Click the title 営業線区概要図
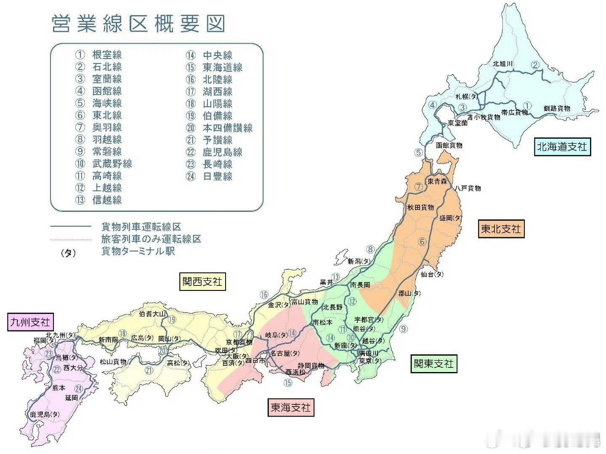click(138, 24)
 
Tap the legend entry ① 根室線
click(99, 55)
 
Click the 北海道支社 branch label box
click(562, 147)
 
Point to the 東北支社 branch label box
click(501, 229)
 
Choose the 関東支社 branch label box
click(433, 363)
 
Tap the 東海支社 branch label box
click(290, 407)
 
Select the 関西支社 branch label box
click(202, 281)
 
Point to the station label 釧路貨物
click(556, 108)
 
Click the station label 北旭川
click(502, 64)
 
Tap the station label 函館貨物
click(449, 145)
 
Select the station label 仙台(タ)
click(432, 274)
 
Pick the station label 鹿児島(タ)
click(45, 414)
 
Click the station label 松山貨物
click(113, 362)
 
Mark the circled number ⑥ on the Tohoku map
click(422, 242)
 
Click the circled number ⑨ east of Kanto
click(403, 329)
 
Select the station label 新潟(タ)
click(359, 261)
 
